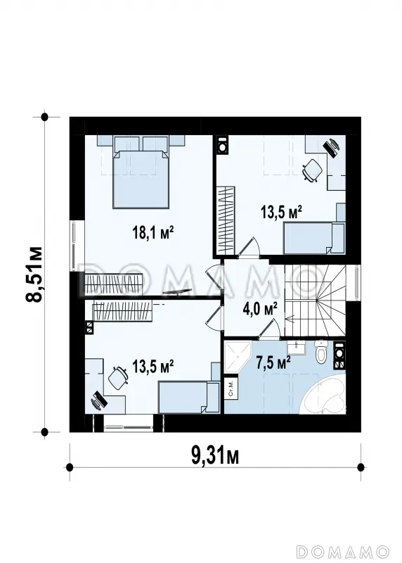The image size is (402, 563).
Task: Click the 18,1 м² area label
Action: pyautogui.click(x=153, y=233)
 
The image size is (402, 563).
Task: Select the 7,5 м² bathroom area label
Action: pyautogui.click(x=273, y=363)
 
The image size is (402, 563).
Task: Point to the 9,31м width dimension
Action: pyautogui.click(x=215, y=456)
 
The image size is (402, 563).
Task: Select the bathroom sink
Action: pyautogui.click(x=296, y=346)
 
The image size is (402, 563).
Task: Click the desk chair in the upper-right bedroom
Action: pyautogui.click(x=312, y=170)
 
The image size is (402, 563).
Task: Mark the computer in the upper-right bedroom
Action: pyautogui.click(x=332, y=147)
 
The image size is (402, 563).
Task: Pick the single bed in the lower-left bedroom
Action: pyautogui.click(x=189, y=397)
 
